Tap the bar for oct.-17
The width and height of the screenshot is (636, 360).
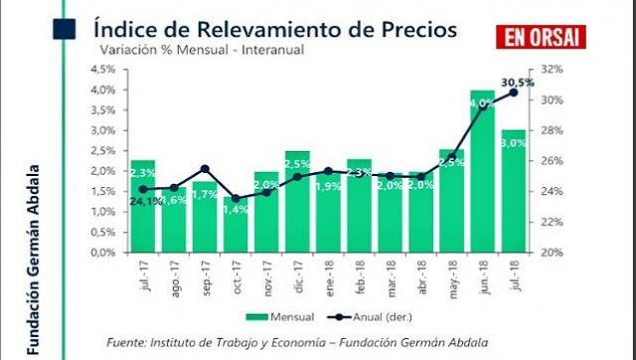237,224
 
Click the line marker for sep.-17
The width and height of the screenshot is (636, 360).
205,168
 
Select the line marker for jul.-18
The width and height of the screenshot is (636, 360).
514,92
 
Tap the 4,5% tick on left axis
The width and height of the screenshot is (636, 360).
101,70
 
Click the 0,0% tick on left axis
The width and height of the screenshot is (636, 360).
101,253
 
